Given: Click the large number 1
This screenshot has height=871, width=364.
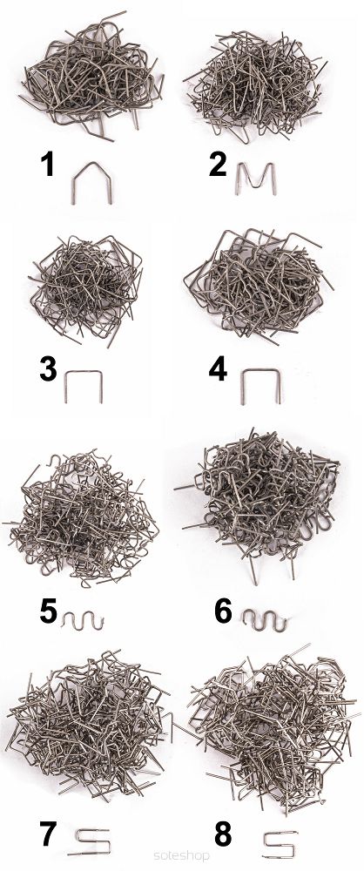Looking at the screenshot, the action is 49,164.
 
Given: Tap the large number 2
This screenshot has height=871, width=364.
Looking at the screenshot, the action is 218,164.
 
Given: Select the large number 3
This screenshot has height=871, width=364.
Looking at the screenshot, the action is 48,370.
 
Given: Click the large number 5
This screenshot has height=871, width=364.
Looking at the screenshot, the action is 49,611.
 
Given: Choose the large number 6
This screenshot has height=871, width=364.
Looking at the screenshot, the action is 223,611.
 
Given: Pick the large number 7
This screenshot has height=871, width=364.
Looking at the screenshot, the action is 49,835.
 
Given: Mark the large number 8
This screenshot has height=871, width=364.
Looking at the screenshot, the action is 223,835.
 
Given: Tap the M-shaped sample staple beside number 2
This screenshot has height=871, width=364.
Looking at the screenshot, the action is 238,178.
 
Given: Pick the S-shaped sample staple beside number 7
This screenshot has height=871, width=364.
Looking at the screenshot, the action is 92,841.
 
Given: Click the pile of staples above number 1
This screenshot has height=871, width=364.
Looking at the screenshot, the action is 91,75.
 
